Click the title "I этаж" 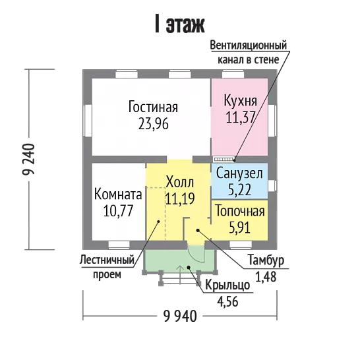(x=180, y=24)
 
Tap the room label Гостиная (x=153, y=107)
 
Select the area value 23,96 (x=154, y=124)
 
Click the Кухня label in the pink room (x=241, y=102)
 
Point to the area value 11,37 (x=241, y=117)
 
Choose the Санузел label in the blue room (x=239, y=173)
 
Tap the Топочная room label (x=240, y=211)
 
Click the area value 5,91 (x=240, y=227)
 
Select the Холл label (x=180, y=182)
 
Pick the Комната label (x=118, y=195)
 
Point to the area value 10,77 (x=118, y=211)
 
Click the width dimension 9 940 (x=180, y=316)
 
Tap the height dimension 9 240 (x=29, y=160)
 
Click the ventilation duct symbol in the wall (x=224, y=159)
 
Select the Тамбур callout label (x=266, y=260)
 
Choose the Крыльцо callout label (x=227, y=285)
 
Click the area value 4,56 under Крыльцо (x=227, y=301)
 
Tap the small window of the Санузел (x=272, y=185)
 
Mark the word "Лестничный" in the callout (x=107, y=260)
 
